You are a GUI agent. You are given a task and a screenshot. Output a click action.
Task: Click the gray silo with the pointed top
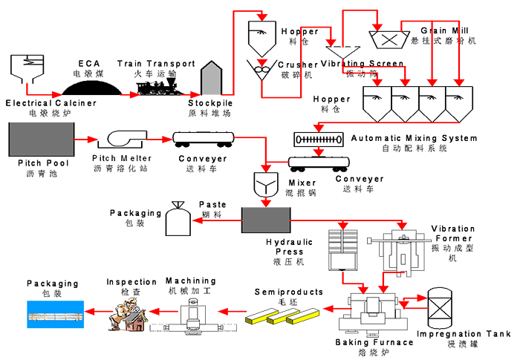click(x=213, y=79)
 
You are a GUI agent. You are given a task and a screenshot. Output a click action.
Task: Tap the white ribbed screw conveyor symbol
click(x=318, y=138)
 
